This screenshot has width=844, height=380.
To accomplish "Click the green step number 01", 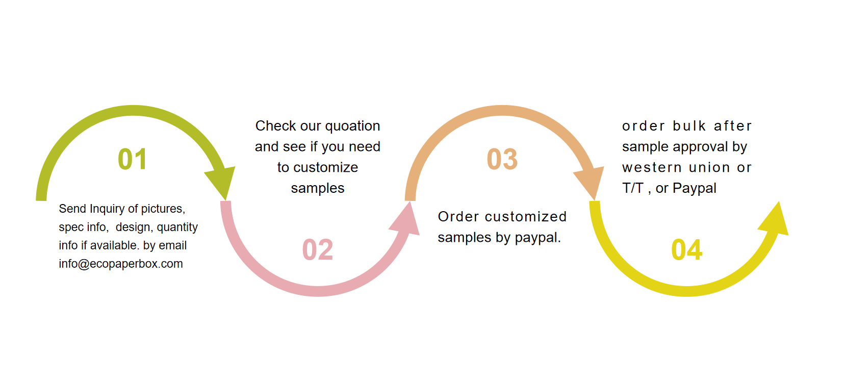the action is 132,159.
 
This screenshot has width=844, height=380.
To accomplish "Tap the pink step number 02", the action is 318,249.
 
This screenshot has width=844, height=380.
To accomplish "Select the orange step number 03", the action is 502,159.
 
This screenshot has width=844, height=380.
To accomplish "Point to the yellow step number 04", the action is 687,249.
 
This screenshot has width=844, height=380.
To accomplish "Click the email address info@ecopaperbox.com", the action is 121,264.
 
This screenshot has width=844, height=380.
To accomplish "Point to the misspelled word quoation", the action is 353,126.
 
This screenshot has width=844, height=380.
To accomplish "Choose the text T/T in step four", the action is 633,188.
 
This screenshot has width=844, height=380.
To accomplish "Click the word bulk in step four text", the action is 689,126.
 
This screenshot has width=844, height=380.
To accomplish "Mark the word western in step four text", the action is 652,168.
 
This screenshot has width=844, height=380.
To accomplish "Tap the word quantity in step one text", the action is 177,227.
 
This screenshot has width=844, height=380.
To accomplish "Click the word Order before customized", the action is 458,217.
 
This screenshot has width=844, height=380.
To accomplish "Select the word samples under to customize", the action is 318,189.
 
